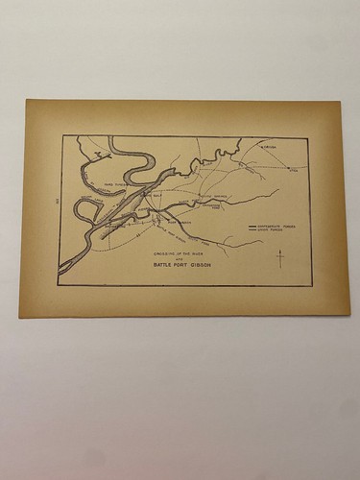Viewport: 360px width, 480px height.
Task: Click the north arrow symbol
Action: [279, 257]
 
